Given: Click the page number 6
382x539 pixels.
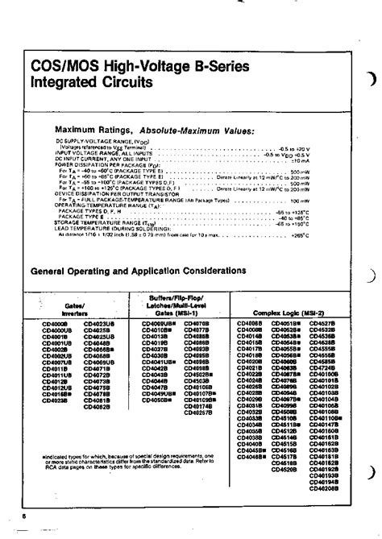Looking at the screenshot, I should click(25, 513).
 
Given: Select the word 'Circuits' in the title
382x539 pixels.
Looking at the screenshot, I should click(129, 83).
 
